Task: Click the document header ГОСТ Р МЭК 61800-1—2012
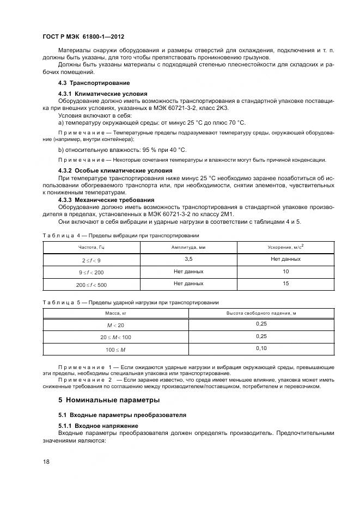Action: coord(83,37)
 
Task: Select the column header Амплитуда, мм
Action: coord(188,247)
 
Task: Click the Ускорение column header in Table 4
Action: coord(285,247)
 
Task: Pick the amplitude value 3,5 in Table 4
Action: coord(188,259)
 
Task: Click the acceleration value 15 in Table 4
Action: coord(285,284)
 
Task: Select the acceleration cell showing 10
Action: coord(285,271)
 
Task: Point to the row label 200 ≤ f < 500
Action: coord(91,284)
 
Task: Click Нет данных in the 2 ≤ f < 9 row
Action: coord(285,259)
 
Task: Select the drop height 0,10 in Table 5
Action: coord(261,348)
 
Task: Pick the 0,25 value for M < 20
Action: coord(261,324)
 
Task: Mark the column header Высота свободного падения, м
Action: coord(261,313)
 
